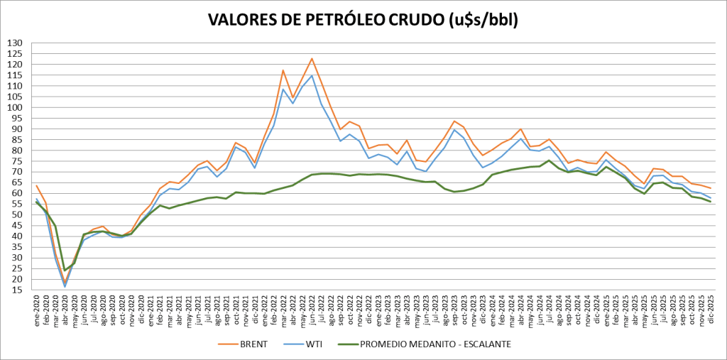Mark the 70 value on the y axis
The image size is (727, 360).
tap(16, 173)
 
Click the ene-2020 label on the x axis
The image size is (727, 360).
tap(37, 312)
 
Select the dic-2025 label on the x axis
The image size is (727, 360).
tap(710, 312)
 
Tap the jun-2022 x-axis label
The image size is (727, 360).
tap(312, 312)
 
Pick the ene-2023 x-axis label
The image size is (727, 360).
tap(378, 312)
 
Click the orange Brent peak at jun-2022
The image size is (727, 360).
tap(312, 58)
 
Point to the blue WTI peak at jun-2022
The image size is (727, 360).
tap(312, 76)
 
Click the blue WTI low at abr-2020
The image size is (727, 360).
tap(65, 287)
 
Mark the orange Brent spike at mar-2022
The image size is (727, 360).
tap(283, 70)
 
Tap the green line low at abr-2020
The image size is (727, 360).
tap(65, 271)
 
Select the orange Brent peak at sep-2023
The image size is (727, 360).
tap(454, 121)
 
